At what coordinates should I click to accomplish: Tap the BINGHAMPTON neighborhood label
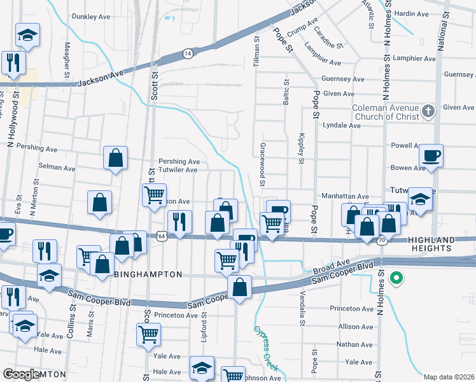[x=148, y=274]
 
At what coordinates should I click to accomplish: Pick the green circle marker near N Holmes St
[x=396, y=278]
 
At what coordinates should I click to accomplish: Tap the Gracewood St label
[x=262, y=164]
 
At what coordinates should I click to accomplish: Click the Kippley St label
[x=300, y=148]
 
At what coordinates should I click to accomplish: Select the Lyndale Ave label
[x=342, y=125]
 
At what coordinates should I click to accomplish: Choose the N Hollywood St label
[x=11, y=133]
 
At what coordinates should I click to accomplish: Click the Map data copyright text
[x=449, y=377]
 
